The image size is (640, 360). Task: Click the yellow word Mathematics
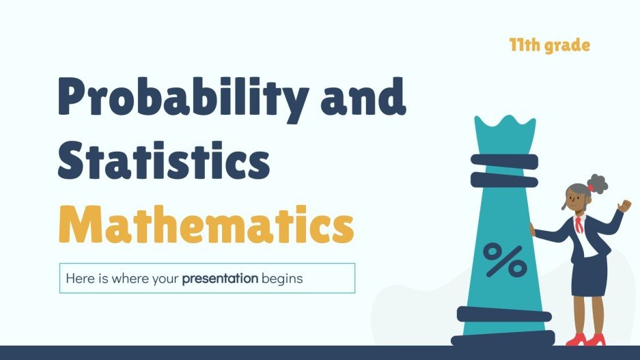click(205, 222)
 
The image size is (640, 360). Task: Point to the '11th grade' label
click(549, 46)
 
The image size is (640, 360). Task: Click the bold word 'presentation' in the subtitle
click(220, 279)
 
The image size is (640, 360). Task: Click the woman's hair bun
click(598, 183)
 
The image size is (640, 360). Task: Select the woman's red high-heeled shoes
click(585, 339)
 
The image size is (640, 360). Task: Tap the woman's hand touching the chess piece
click(533, 230)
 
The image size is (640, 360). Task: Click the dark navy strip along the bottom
click(320, 352)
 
